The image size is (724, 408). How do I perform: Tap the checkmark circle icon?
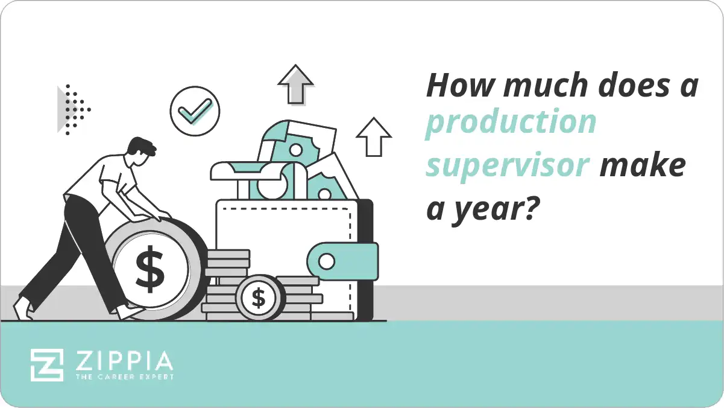[195, 111]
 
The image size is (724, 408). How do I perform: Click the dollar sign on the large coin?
[149, 269]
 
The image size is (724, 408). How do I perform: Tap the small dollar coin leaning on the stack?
[259, 298]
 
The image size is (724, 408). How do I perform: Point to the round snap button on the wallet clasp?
[326, 262]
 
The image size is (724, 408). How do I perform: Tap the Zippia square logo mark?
[47, 365]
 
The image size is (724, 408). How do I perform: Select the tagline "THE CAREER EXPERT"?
[124, 377]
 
